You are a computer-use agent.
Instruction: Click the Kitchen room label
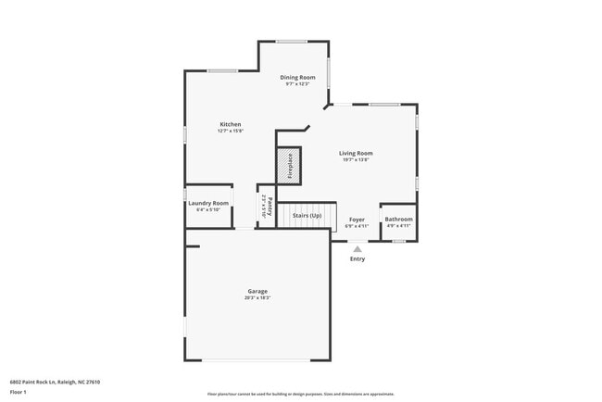(x=230, y=124)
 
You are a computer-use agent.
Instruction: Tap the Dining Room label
(x=298, y=78)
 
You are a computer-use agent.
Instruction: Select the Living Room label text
(x=356, y=153)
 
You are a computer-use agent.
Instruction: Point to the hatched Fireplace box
(x=289, y=164)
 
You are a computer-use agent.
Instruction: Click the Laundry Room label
(x=208, y=203)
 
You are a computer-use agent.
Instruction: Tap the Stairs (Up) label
(x=307, y=216)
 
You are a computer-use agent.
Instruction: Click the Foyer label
(x=357, y=220)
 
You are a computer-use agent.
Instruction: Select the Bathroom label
(x=399, y=220)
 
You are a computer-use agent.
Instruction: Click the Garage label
(x=257, y=291)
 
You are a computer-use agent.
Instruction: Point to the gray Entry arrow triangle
(x=357, y=247)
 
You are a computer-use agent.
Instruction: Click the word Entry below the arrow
(x=357, y=259)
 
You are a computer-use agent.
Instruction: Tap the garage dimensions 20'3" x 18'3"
(x=257, y=297)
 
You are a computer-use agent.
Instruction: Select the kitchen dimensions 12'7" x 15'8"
(x=230, y=131)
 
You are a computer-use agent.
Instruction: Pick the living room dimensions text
(x=356, y=159)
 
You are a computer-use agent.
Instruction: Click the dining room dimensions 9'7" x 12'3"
(x=298, y=84)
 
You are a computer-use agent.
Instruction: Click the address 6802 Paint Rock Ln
(x=55, y=382)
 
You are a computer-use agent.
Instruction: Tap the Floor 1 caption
(x=19, y=392)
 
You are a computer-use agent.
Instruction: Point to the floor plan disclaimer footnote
(x=301, y=394)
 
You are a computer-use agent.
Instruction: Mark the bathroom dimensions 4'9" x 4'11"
(x=399, y=226)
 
